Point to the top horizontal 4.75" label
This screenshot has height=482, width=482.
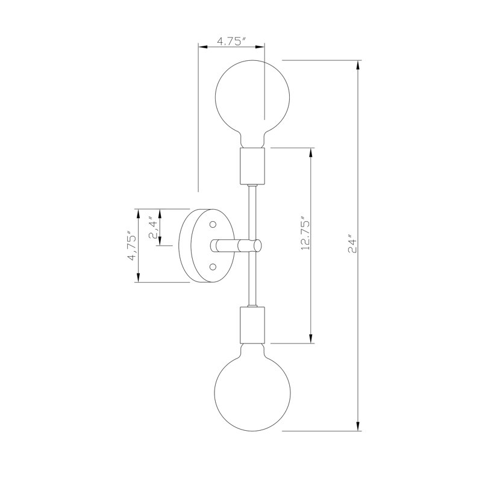coord(232,41)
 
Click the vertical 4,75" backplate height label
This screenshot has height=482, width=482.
coord(133,246)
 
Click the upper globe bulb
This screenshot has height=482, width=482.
coord(252,103)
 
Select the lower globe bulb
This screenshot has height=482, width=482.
coord(252,387)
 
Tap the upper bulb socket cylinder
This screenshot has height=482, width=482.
coord(252,166)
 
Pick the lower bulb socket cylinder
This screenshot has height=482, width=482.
coord(252,325)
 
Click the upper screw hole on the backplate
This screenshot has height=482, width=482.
coord(213,224)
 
